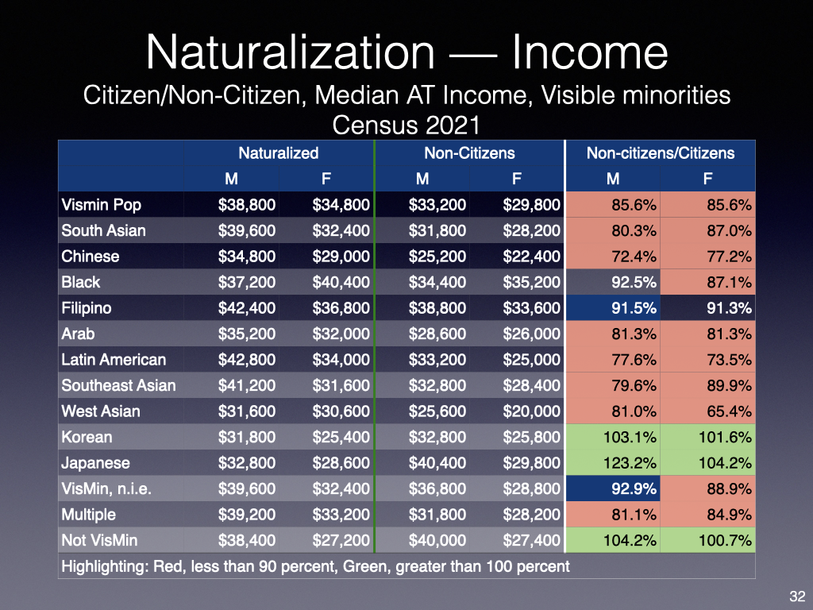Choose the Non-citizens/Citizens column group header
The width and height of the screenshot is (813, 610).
[x=660, y=153]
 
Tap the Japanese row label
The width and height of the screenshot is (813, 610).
[x=95, y=463]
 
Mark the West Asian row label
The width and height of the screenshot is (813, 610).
[x=100, y=411]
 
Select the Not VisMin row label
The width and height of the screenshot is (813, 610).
[x=99, y=541]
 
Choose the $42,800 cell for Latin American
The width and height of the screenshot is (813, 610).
[x=247, y=360]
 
